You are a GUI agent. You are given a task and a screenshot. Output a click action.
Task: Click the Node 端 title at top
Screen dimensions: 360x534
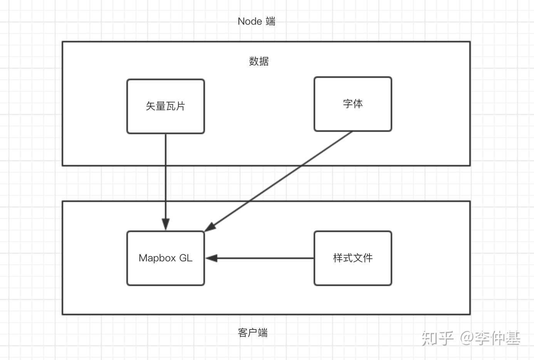coord(256,21)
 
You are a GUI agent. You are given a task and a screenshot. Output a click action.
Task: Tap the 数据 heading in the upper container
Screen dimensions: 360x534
coord(259,61)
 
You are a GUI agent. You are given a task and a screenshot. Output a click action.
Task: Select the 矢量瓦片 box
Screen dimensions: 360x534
coord(166,106)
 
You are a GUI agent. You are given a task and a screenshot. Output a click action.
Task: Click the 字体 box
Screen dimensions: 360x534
coord(353,104)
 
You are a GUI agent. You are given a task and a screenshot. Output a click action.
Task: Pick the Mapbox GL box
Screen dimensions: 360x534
coord(166,258)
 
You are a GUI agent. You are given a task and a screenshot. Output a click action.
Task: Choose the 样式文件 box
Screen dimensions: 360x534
coord(353,258)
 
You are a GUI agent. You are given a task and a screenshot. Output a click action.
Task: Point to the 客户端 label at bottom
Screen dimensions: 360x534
coord(252,333)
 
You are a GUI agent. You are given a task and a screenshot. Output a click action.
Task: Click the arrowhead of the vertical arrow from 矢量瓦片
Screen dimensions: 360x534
coord(166,224)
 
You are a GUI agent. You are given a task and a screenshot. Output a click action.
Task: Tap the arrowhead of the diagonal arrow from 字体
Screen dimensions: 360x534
coord(210,227)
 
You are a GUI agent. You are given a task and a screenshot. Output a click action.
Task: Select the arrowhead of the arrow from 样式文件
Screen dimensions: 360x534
coord(212,258)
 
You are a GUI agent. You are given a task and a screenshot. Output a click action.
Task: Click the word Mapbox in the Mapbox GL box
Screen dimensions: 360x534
coord(158,258)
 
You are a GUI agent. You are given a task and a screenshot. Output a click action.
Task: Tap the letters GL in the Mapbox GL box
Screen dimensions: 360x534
coord(186,258)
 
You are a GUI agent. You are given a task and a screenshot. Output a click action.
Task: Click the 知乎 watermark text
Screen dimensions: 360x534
coord(437,338)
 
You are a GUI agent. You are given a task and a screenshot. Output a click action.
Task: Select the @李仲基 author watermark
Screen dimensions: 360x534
coord(490,338)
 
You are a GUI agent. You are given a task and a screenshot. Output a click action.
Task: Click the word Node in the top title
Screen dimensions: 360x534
coord(250,21)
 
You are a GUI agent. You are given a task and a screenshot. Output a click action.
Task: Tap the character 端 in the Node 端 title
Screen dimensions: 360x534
coord(270,21)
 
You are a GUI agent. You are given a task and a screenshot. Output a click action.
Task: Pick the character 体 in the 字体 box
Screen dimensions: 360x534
coord(358,104)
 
